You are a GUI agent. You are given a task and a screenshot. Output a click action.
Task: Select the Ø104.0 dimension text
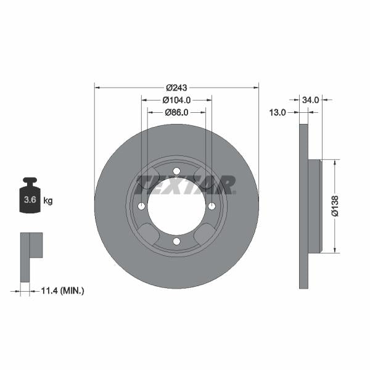(176, 99)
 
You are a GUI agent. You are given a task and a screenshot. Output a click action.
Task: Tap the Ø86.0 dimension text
(176, 112)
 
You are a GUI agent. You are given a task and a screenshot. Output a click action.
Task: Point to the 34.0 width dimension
(310, 99)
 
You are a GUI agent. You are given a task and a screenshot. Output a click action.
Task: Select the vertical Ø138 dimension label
(335, 206)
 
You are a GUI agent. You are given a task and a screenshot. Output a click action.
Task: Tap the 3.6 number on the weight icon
(29, 200)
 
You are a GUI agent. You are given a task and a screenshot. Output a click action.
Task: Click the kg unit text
(47, 200)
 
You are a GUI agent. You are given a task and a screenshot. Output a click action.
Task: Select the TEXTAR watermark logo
(185, 184)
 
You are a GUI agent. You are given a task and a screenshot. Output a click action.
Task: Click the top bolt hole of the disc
(176, 171)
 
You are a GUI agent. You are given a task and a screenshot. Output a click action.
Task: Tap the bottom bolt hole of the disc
(176, 241)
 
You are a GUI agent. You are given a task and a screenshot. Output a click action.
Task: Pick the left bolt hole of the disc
(141, 206)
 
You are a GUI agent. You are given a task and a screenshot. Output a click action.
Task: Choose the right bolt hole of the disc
(212, 206)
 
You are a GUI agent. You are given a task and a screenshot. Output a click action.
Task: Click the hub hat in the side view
(314, 206)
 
